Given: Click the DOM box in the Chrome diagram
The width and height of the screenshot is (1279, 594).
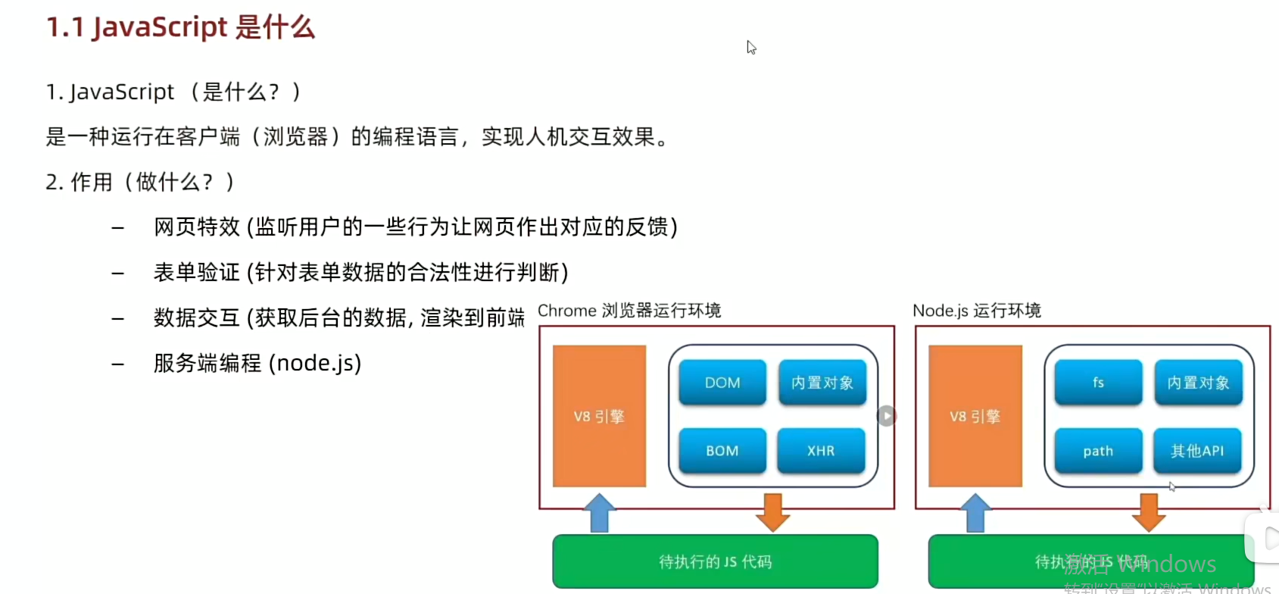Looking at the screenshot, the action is [722, 383].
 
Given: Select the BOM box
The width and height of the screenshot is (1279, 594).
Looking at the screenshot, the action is [722, 451].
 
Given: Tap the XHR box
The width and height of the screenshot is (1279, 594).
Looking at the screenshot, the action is [821, 451].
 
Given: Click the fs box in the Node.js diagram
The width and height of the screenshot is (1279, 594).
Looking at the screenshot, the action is [1098, 383].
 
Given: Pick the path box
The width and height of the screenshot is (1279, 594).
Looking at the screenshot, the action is [1098, 451].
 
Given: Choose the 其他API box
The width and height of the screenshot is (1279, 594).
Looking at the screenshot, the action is [1197, 451].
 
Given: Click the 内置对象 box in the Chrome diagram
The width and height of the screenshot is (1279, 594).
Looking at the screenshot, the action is [822, 383].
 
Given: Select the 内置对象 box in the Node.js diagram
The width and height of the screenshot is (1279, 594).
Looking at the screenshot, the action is [1198, 383].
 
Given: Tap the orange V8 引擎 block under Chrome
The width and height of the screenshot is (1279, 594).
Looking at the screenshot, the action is [599, 416].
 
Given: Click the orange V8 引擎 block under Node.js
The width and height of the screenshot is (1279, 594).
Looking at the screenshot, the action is [975, 416].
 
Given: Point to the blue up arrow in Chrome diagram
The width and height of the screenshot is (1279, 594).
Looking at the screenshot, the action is [600, 513].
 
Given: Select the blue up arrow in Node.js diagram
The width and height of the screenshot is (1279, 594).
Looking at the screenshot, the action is [975, 513].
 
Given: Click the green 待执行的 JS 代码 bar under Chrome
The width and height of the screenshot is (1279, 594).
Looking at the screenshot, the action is [715, 561].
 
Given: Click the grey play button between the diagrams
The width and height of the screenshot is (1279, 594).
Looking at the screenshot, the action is [887, 416].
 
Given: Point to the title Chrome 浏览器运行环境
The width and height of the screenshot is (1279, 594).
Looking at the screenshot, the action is [629, 311].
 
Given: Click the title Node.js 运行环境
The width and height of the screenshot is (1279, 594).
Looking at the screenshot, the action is [976, 311].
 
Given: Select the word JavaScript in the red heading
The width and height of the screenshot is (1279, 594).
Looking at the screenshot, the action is [160, 27].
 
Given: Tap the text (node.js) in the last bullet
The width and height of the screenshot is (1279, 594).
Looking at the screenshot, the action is [315, 363].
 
